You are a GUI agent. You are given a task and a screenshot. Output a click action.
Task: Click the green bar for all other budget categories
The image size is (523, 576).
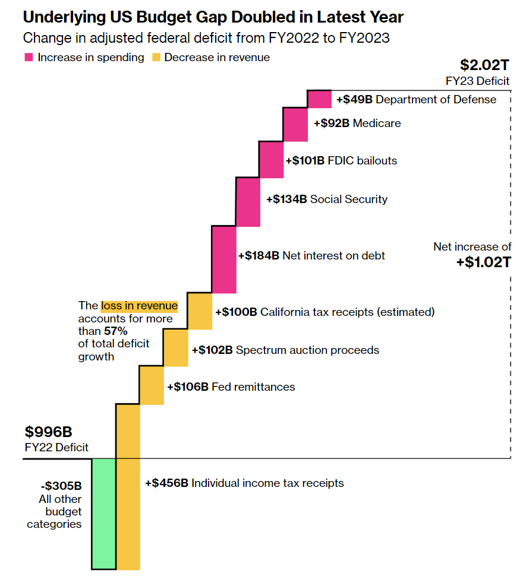[103, 514]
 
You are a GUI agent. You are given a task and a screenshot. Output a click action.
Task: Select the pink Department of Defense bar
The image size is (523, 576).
[319, 99]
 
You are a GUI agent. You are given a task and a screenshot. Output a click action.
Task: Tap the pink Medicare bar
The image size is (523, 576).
[295, 125]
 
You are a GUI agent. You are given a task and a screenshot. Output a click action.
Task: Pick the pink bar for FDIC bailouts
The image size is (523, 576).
[272, 160]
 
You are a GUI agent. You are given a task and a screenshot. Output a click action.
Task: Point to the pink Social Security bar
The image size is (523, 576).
[248, 201]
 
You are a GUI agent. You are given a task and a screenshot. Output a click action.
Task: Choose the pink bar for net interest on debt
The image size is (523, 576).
[223, 259]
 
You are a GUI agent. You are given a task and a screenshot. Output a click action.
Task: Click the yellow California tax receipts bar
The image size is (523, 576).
[200, 311]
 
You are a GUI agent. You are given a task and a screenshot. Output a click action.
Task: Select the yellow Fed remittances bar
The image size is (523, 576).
[152, 385]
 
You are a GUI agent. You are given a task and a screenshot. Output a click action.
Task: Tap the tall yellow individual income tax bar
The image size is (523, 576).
[128, 486]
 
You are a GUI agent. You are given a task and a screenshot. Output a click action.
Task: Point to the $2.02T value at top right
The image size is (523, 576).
[485, 65]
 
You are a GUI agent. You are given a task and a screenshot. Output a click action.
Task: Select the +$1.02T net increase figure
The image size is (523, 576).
[484, 262]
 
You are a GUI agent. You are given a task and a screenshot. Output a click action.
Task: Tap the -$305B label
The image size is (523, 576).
[62, 486]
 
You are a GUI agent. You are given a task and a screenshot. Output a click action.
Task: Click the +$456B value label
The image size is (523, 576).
[167, 483]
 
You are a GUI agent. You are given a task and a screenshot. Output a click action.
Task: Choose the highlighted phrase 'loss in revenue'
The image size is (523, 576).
[139, 306]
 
